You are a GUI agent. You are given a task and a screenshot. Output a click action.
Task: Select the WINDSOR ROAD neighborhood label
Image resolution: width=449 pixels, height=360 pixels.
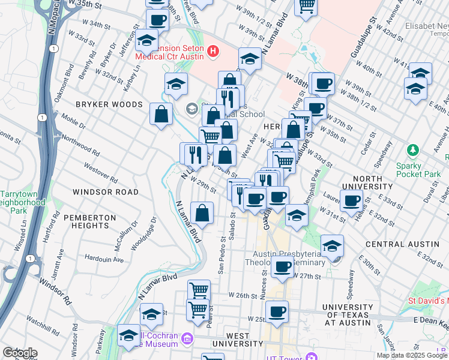point(105,192)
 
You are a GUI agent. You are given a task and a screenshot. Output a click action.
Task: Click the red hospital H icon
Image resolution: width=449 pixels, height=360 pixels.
point(212,52)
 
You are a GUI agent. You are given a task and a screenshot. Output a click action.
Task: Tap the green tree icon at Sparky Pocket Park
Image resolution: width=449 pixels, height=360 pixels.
point(412,149)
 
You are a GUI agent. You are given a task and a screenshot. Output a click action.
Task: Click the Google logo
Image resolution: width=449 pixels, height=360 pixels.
point(19,353)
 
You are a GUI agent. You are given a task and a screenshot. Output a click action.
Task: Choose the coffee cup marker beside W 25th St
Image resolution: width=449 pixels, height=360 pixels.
point(277,312)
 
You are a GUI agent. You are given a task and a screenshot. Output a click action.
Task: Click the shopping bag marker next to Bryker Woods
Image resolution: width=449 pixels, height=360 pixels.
point(161,114)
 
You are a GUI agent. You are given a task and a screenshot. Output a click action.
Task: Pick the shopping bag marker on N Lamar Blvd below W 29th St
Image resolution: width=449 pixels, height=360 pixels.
point(202,213)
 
